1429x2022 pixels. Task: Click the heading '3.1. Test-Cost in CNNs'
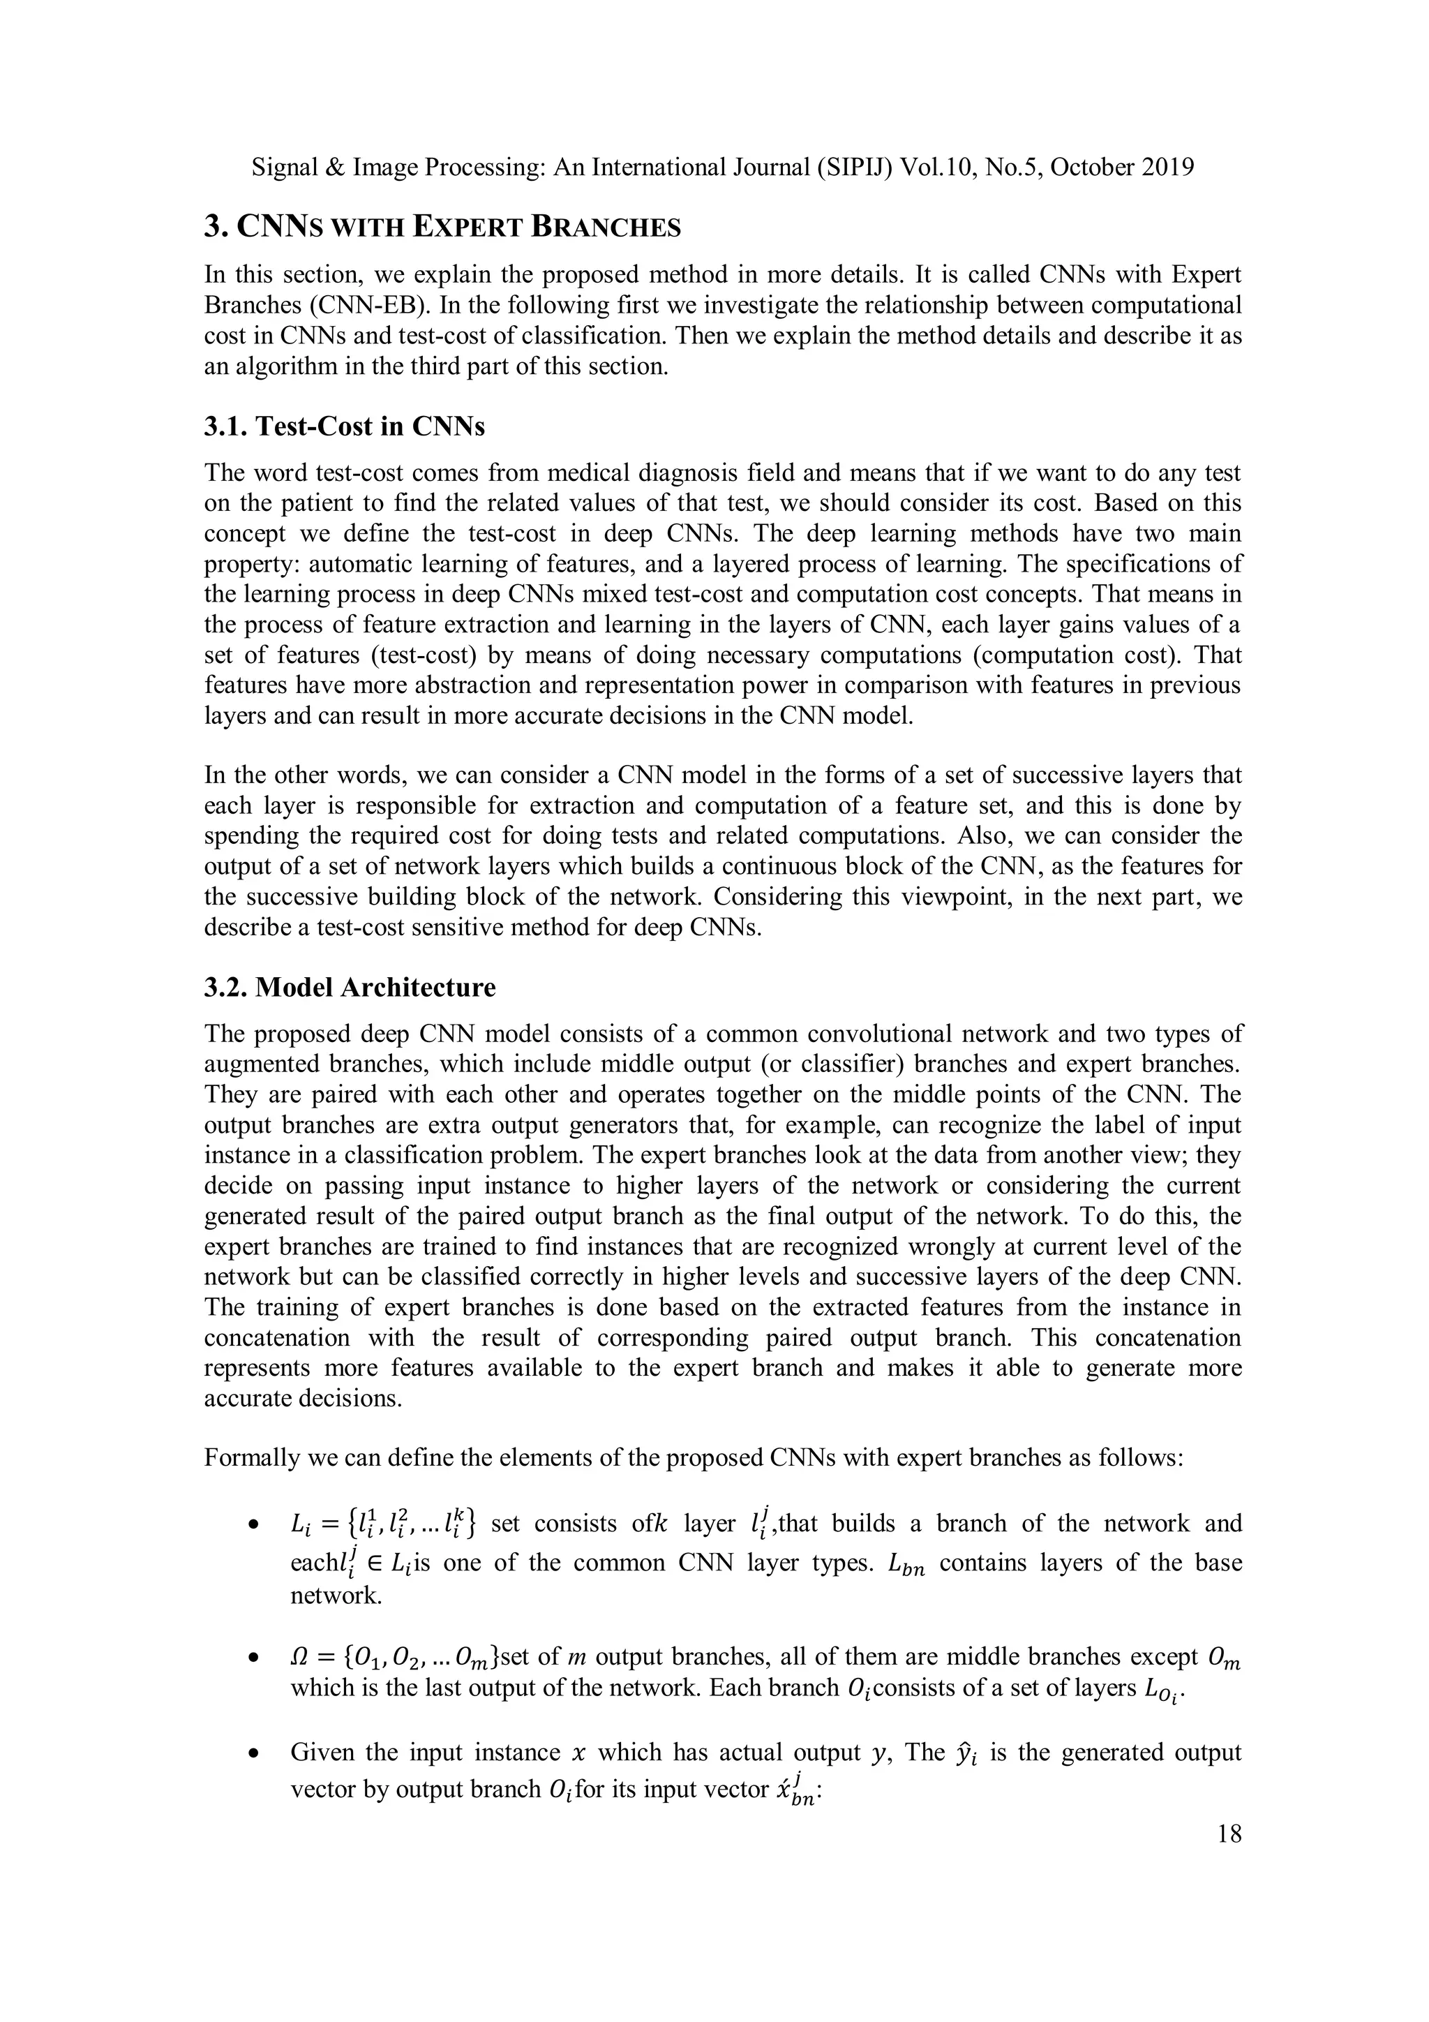coord(344,426)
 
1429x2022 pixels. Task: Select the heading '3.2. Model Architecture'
coord(350,987)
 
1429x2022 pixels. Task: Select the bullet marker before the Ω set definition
coord(253,1658)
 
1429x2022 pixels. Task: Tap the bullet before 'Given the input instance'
coord(253,1753)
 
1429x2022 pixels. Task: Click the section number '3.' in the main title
coord(215,228)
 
